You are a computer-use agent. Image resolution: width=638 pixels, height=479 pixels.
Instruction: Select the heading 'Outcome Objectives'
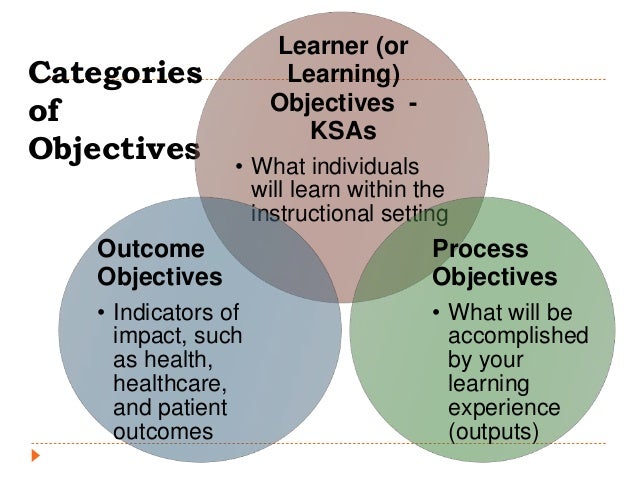coord(159,261)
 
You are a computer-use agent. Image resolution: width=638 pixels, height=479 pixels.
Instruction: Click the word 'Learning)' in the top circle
coord(343,74)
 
